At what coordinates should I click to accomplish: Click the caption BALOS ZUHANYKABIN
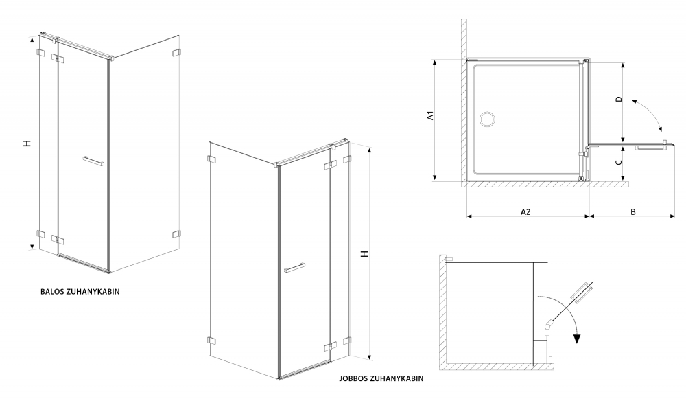tap(80, 291)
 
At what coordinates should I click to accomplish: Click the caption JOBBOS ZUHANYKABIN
tap(381, 378)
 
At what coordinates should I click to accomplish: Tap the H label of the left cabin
tap(27, 143)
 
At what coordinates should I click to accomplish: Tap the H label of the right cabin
tap(364, 253)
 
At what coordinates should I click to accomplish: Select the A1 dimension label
tap(431, 115)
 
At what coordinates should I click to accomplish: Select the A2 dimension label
tap(525, 212)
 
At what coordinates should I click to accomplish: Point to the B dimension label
tap(632, 212)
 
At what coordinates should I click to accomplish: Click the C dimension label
tap(618, 163)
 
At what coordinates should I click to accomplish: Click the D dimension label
tap(618, 99)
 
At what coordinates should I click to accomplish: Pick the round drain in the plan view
tap(486, 119)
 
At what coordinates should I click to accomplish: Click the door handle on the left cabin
tap(93, 161)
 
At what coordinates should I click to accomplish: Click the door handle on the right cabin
tap(294, 268)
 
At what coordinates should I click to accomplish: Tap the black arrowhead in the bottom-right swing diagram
tap(578, 339)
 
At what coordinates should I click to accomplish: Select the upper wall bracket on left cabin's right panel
tap(176, 53)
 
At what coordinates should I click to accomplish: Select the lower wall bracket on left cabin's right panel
tap(176, 234)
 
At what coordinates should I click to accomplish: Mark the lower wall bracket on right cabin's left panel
tap(211, 341)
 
